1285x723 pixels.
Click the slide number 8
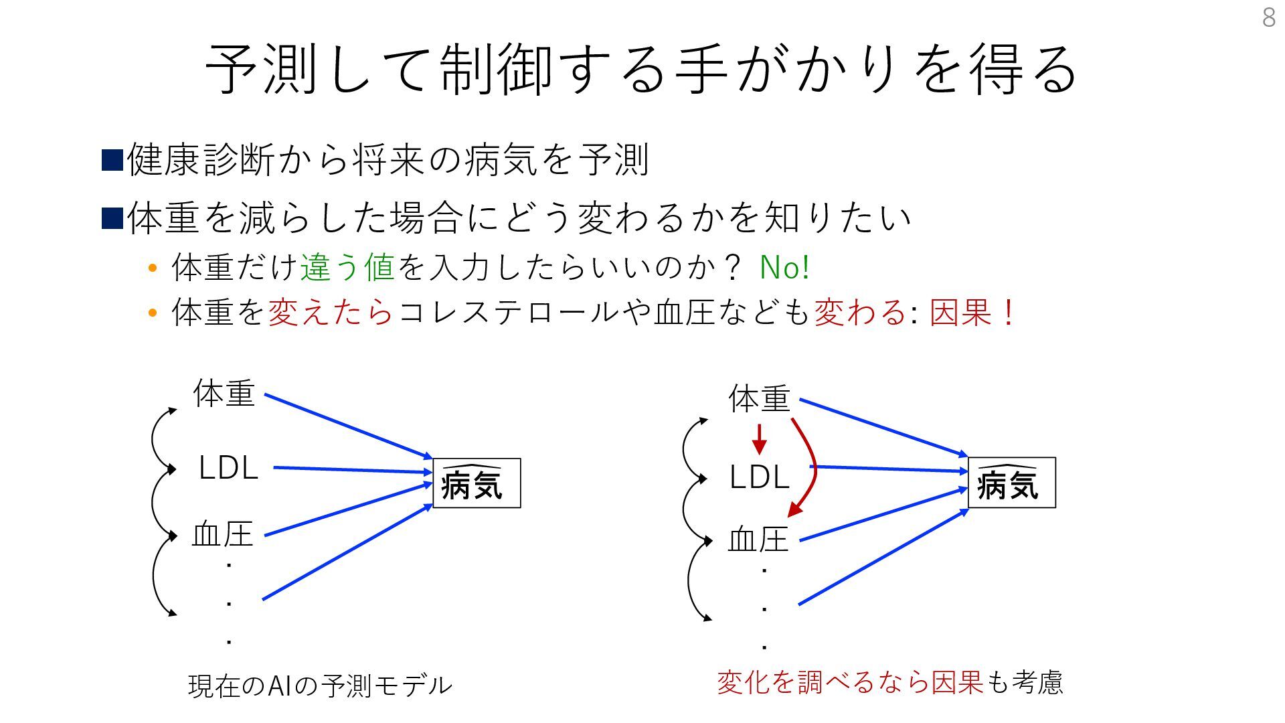[x=1268, y=17]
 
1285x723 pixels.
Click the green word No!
[x=784, y=268]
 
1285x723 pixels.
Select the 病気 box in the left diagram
[x=477, y=483]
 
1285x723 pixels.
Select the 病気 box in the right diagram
[x=1011, y=483]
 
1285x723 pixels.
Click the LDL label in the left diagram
[x=228, y=468]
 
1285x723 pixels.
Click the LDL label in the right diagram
[x=760, y=477]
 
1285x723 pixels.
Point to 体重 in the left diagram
[x=224, y=393]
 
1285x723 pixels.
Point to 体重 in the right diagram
[x=760, y=399]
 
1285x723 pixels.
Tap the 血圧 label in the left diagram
[x=223, y=535]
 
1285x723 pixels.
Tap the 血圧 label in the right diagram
[x=758, y=540]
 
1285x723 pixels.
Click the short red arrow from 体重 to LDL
[x=759, y=439]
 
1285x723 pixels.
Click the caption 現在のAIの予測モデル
[x=320, y=686]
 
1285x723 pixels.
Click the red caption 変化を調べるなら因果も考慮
[x=889, y=683]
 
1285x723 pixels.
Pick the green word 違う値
[x=347, y=268]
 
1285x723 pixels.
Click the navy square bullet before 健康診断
[x=112, y=160]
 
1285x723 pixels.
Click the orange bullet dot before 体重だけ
[x=153, y=268]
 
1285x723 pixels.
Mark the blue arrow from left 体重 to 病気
[x=348, y=426]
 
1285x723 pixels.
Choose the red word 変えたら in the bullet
[x=331, y=313]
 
